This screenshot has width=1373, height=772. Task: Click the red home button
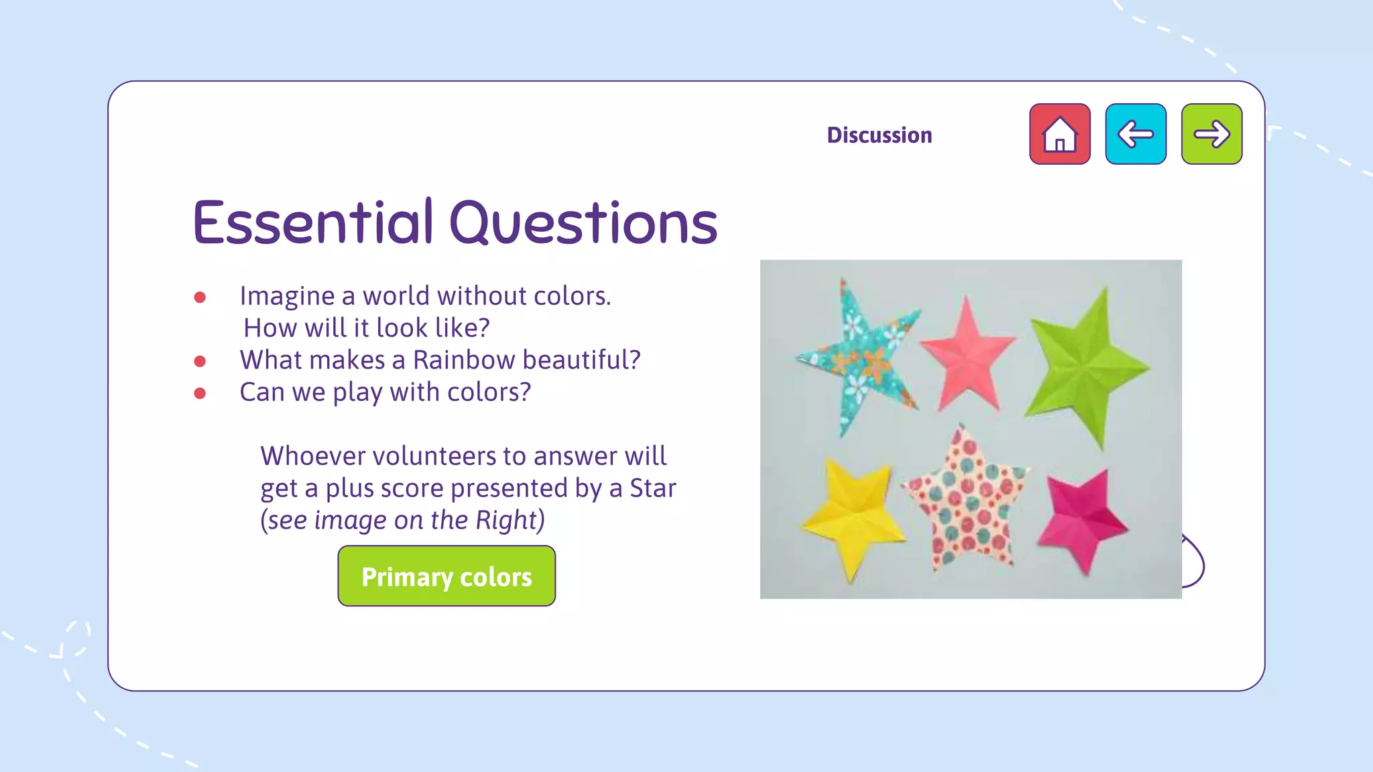[x=1059, y=134]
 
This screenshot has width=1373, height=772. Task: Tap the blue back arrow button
[x=1136, y=134]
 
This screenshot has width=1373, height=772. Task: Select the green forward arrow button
[x=1211, y=134]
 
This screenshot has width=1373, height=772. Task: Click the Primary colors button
[x=446, y=576]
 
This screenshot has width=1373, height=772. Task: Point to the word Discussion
[x=879, y=135]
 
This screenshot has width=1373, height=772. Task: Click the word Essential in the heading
[x=313, y=222]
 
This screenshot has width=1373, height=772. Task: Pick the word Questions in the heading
[x=583, y=222]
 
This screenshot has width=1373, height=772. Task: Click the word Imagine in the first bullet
[x=287, y=296]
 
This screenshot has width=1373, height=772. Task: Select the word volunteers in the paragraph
[x=435, y=456]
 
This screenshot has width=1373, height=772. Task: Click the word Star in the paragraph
[x=652, y=488]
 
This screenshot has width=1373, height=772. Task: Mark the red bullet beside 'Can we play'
[x=200, y=393]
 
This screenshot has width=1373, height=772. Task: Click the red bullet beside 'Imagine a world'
[x=200, y=298]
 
